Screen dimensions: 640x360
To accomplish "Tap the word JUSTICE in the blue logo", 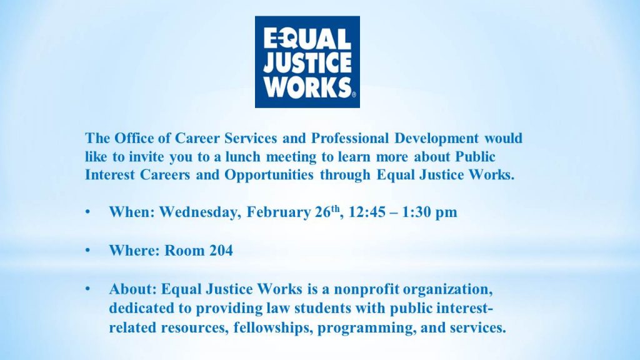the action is click(x=307, y=62).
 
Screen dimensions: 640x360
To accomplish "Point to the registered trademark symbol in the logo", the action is click(x=354, y=95).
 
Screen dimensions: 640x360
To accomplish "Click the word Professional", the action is click(x=350, y=138).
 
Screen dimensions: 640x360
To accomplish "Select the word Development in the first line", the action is click(x=436, y=138).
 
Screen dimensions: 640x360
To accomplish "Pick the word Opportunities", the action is click(x=269, y=175).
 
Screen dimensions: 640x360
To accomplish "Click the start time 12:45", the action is click(x=366, y=212).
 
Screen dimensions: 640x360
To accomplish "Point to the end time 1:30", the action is click(x=415, y=212).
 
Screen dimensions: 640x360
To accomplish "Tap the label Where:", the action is click(x=134, y=250).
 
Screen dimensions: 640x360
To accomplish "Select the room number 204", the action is click(x=221, y=250).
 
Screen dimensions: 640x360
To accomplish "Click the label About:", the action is click(x=132, y=289).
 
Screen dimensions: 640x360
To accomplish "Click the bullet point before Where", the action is click(x=87, y=250).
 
